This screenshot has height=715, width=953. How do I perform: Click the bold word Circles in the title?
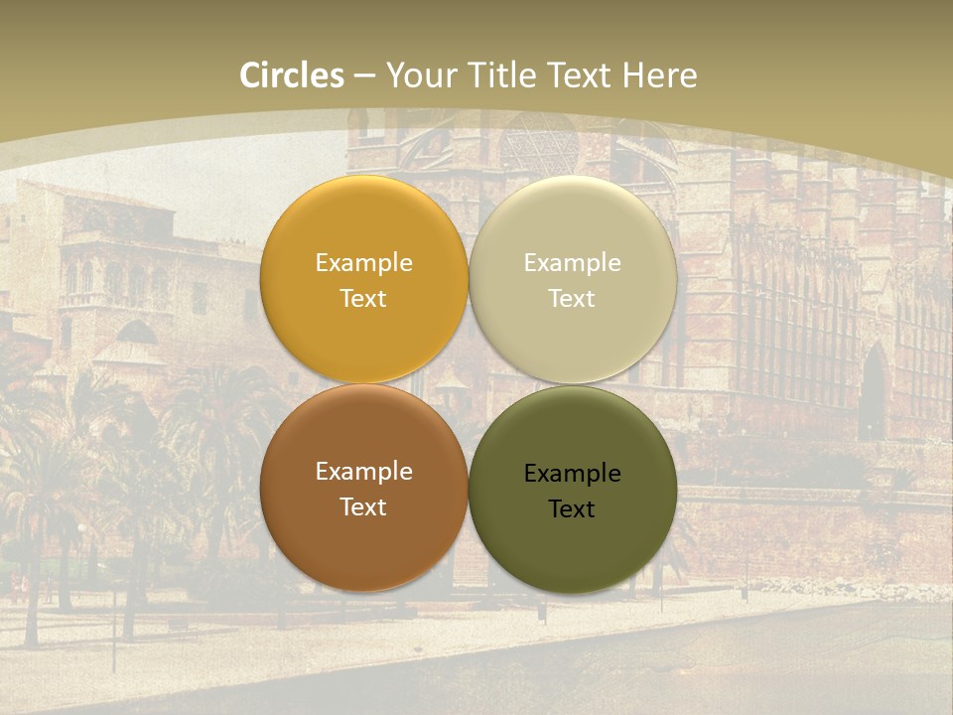tap(291, 75)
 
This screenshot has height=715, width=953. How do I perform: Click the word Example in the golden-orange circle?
tap(363, 263)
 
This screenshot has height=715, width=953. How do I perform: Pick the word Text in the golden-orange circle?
tap(363, 299)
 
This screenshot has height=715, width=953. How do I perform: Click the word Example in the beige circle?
tap(572, 263)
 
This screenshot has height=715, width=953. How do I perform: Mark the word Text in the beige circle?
tap(572, 299)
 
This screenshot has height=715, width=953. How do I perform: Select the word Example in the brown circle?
tap(363, 472)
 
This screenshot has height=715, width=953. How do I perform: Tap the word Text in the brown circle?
tap(363, 507)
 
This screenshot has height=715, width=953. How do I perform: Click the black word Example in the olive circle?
tap(572, 474)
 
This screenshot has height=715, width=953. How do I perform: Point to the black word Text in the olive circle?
tap(572, 509)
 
